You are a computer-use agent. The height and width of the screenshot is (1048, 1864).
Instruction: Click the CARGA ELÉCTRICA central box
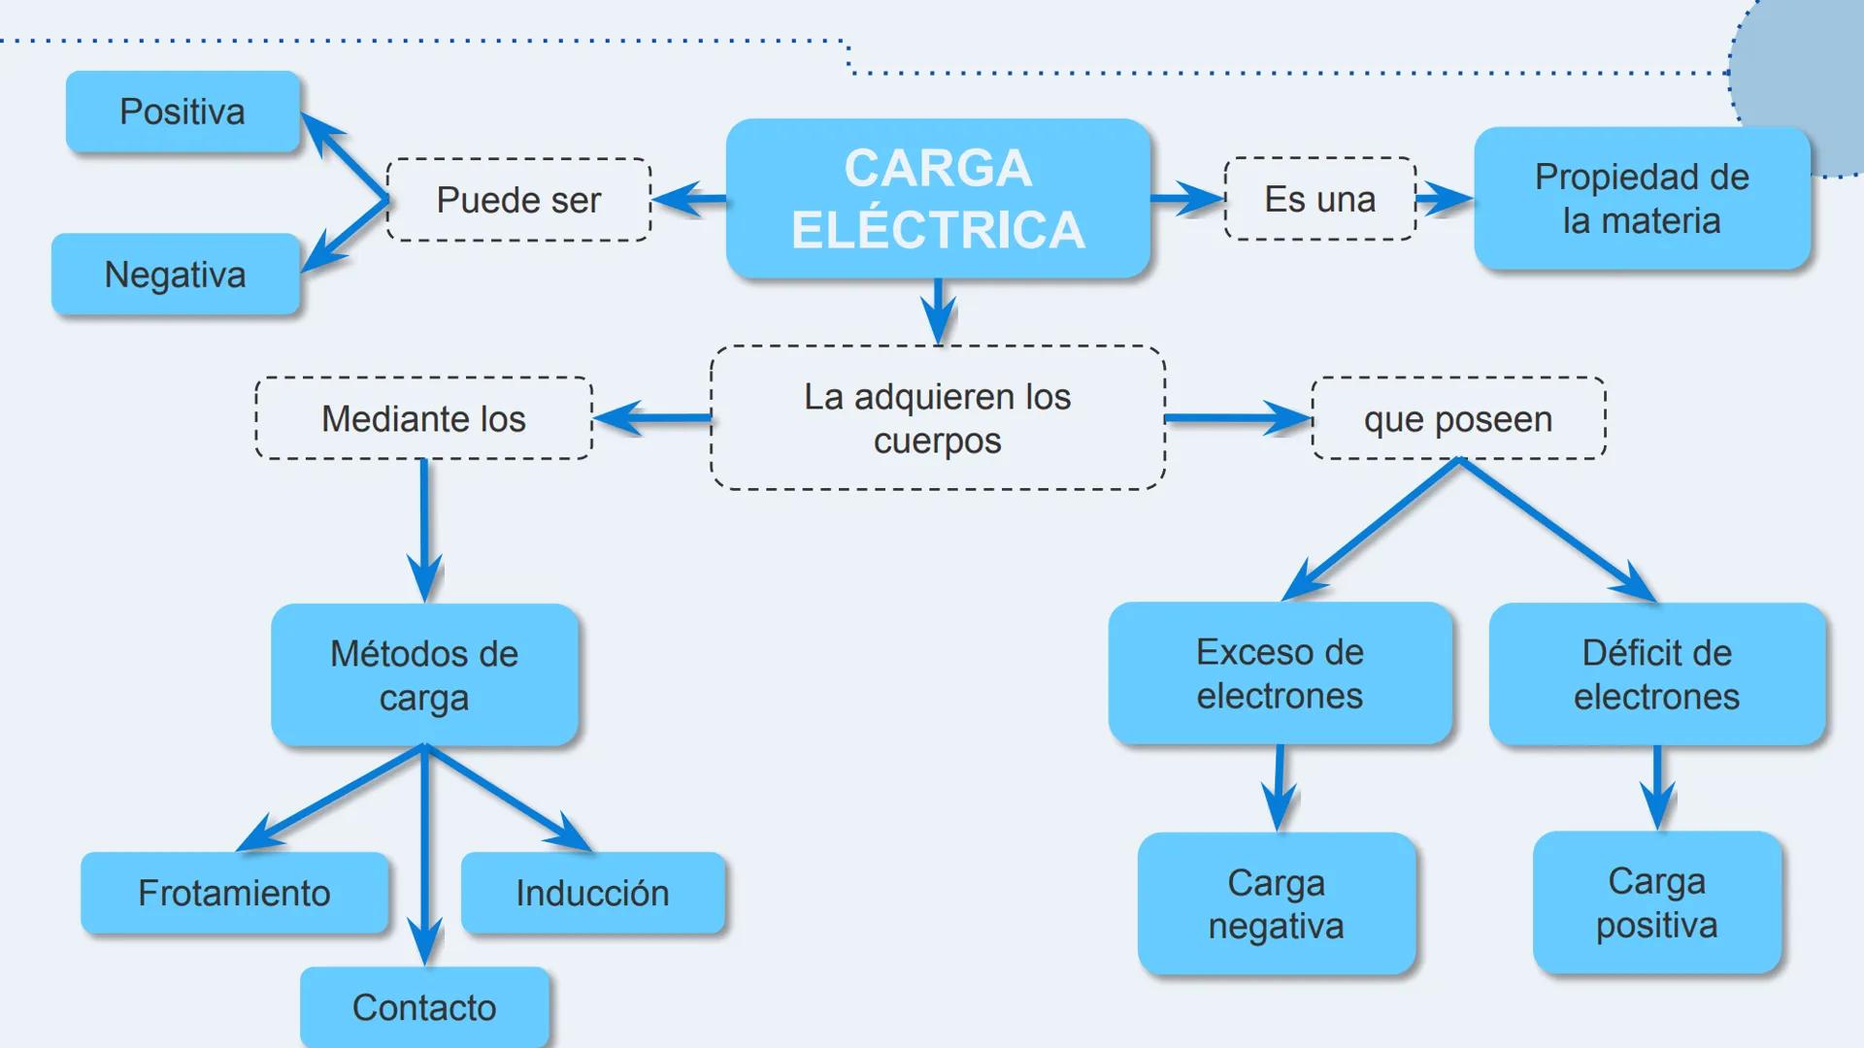[938, 199]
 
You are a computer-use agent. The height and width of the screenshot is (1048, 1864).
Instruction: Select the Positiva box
[183, 112]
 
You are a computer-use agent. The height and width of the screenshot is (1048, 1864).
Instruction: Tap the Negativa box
[175, 275]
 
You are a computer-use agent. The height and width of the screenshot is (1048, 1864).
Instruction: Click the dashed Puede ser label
[518, 200]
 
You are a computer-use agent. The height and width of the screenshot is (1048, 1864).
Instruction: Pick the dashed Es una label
[1319, 199]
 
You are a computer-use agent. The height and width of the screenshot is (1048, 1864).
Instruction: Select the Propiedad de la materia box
[1641, 199]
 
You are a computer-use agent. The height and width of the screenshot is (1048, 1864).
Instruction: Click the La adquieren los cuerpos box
[937, 418]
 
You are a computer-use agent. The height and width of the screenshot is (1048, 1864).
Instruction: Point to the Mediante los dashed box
[423, 418]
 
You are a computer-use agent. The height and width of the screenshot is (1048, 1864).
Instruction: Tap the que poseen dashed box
[1457, 419]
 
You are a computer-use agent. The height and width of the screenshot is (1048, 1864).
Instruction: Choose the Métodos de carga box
[424, 675]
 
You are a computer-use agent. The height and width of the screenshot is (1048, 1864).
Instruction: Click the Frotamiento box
[234, 893]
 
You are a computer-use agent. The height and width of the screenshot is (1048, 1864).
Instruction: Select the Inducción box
[592, 893]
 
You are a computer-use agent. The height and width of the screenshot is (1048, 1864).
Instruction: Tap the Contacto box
[424, 1007]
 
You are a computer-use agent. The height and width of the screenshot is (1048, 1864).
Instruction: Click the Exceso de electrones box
[1280, 673]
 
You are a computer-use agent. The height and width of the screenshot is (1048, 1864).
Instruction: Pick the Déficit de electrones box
[1656, 674]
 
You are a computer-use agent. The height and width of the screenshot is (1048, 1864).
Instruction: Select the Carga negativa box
[1276, 903]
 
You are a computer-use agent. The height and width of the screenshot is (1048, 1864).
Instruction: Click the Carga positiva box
[1656, 902]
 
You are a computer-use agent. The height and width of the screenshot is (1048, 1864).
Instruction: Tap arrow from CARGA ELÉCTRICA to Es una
[1186, 199]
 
